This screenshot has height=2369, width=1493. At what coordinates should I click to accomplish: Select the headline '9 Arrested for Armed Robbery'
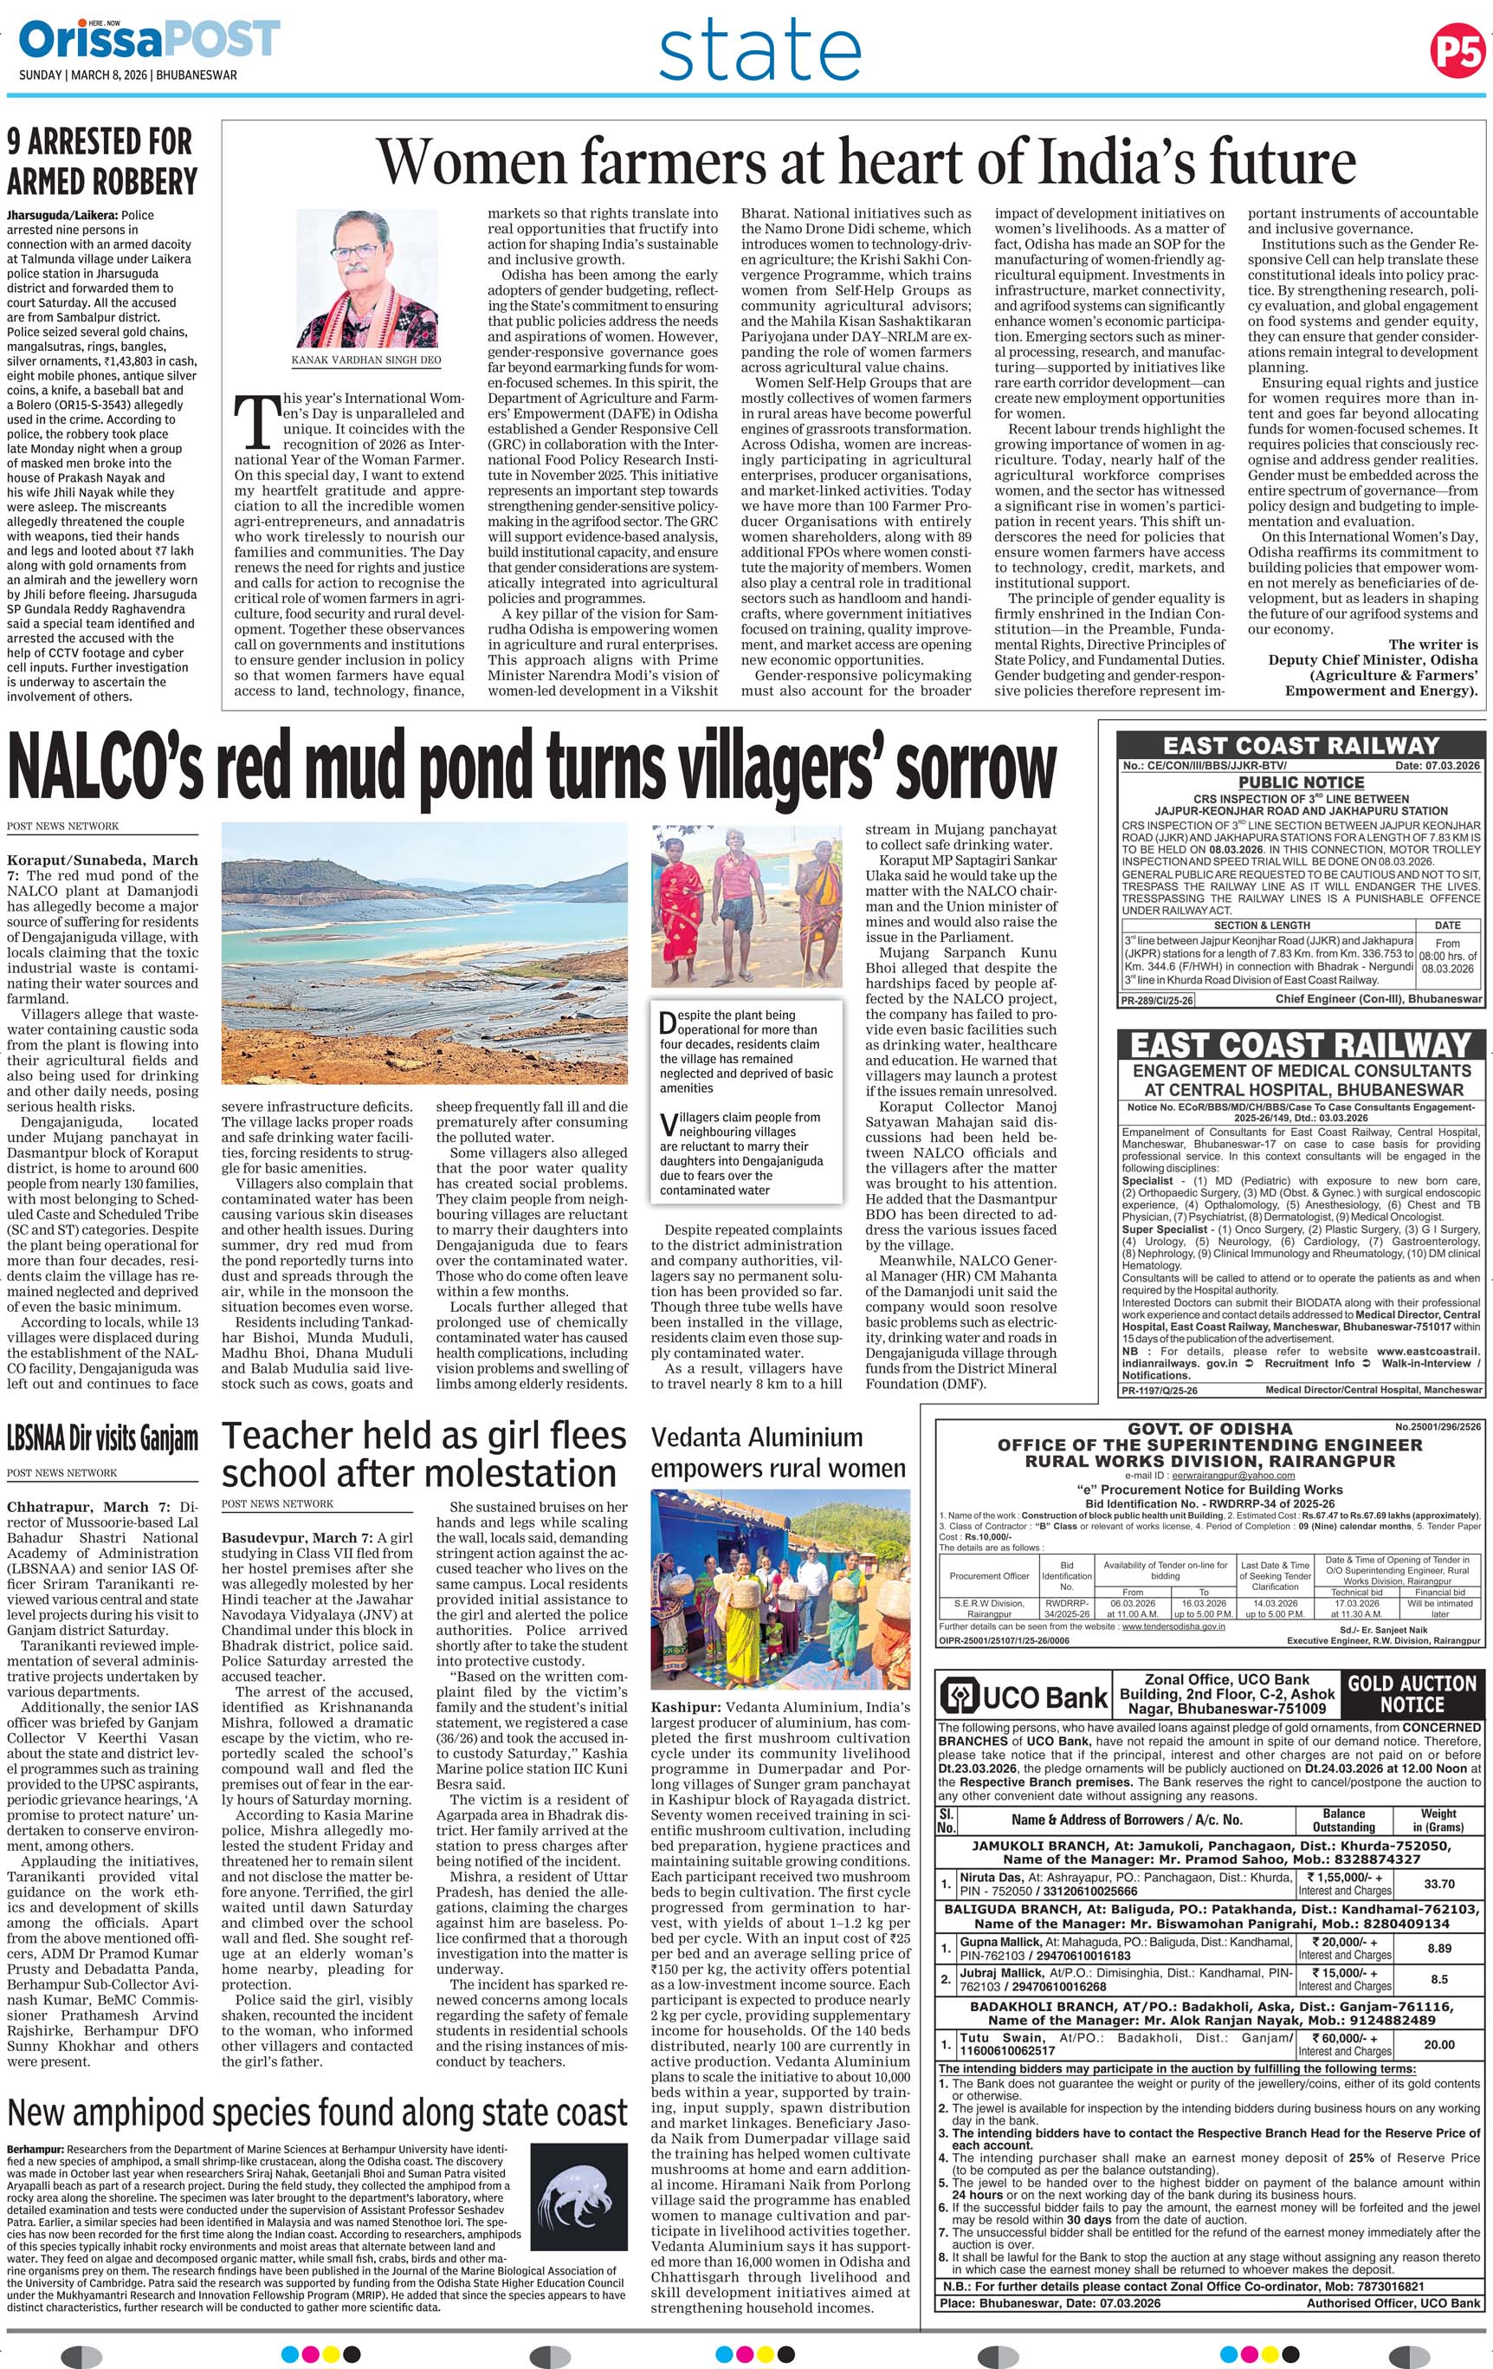tap(102, 162)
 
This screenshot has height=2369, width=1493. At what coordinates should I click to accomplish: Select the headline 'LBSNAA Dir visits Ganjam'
tap(102, 1439)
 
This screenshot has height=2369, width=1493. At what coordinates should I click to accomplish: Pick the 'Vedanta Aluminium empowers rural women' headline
tap(778, 1452)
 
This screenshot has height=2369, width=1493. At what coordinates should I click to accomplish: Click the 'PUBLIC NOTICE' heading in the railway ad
tap(1300, 783)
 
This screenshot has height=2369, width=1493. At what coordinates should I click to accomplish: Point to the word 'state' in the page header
tap(759, 53)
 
